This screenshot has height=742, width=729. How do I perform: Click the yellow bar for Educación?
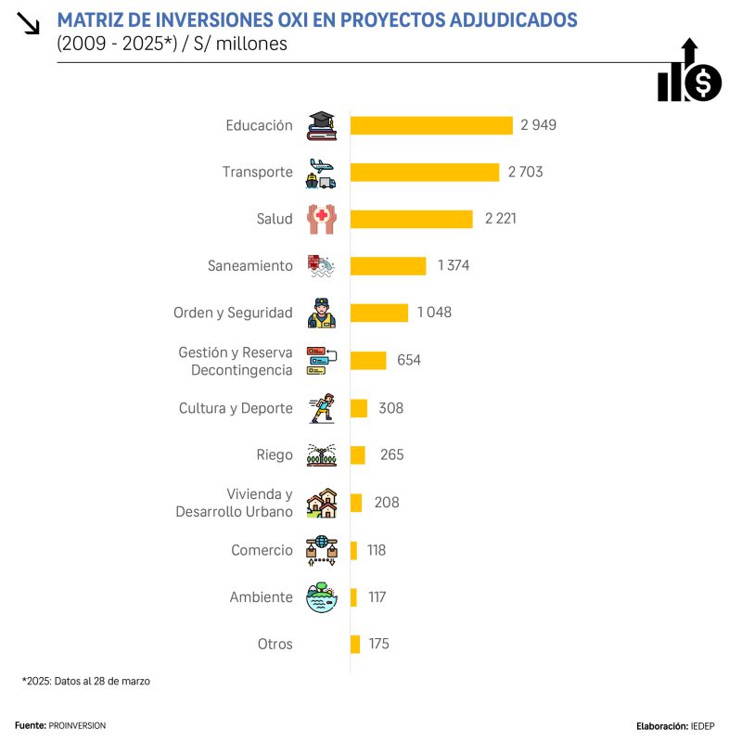point(431,125)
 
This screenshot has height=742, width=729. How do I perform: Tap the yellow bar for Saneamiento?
point(388,266)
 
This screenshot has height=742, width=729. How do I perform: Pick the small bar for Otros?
point(355,644)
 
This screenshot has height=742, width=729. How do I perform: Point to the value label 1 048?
point(434,313)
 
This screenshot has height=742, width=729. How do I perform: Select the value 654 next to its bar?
point(409,360)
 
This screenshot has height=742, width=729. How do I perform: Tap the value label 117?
point(377,597)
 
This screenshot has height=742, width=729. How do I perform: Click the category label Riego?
point(275,454)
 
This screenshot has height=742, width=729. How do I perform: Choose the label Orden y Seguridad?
point(233,313)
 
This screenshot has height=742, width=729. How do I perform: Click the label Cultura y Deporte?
point(236,407)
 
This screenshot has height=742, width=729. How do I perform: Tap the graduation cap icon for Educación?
point(322,125)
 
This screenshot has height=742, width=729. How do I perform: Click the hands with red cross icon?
point(322,219)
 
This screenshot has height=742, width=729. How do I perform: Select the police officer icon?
point(322,313)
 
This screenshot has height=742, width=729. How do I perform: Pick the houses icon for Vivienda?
point(322,503)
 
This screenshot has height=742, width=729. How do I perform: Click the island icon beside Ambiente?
point(322,597)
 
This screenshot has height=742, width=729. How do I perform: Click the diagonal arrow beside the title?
point(29,23)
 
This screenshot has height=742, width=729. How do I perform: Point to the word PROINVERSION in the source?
point(77,725)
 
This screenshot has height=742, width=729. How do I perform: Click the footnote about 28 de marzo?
point(85,681)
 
